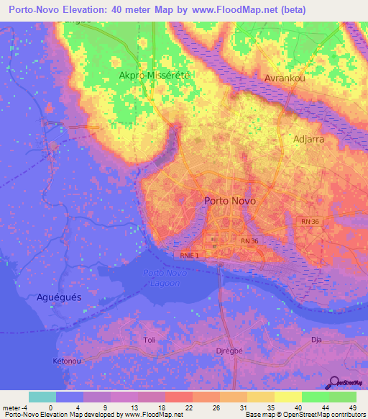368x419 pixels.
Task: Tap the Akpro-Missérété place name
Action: [x=148, y=75]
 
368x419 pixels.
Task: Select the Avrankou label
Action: [x=285, y=78]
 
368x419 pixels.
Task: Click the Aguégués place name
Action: [x=59, y=297]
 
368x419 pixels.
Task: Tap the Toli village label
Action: [x=149, y=340]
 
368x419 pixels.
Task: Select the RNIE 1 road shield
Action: [x=188, y=254]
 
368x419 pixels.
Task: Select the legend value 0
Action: [x=50, y=407]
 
